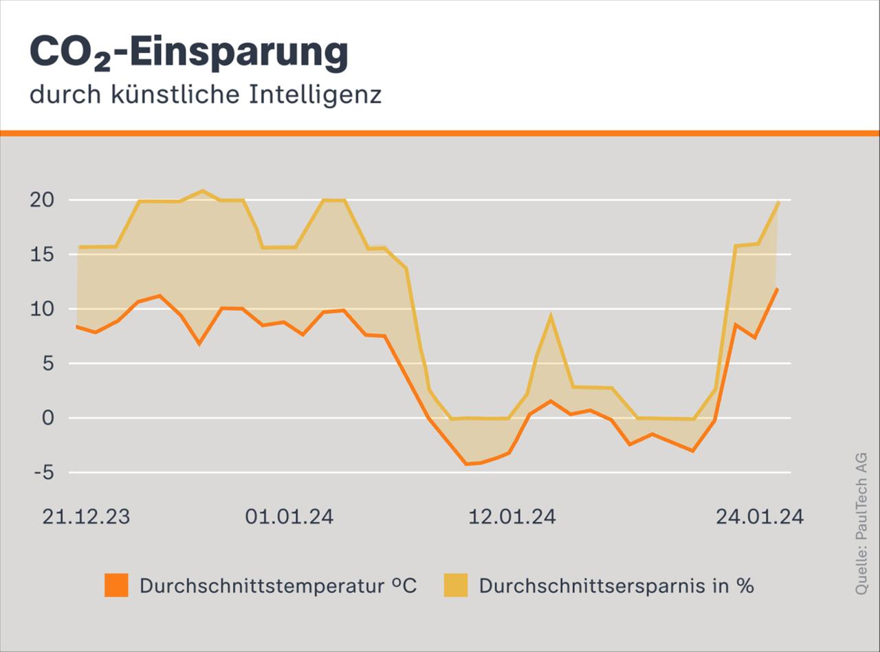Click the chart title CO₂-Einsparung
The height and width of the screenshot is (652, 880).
[x=189, y=54]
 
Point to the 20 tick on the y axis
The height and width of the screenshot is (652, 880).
[x=41, y=200]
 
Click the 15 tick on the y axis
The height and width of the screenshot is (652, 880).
[x=41, y=254]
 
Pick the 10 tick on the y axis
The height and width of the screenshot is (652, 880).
[x=41, y=308]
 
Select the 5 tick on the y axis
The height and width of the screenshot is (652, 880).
[x=47, y=363]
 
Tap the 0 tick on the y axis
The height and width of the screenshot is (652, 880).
[x=47, y=418]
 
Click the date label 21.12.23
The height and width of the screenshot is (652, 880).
[x=86, y=517]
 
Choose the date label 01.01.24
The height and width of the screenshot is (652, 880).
[x=289, y=517]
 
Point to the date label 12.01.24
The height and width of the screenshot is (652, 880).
[x=512, y=517]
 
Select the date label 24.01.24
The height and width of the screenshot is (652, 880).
[x=760, y=517]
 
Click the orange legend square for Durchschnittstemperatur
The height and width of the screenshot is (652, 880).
[x=116, y=585]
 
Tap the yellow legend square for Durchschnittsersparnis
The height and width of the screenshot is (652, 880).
[x=455, y=585]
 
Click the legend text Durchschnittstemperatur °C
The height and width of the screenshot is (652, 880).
[x=278, y=586]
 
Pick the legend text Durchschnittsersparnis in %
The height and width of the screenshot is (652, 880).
[x=617, y=586]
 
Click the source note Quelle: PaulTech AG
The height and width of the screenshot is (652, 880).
[x=861, y=524]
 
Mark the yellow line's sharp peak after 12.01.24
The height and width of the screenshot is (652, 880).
[x=551, y=315]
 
